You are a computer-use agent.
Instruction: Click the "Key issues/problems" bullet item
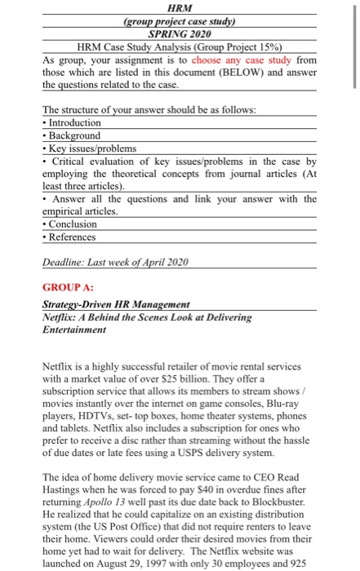[x=92, y=148]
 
